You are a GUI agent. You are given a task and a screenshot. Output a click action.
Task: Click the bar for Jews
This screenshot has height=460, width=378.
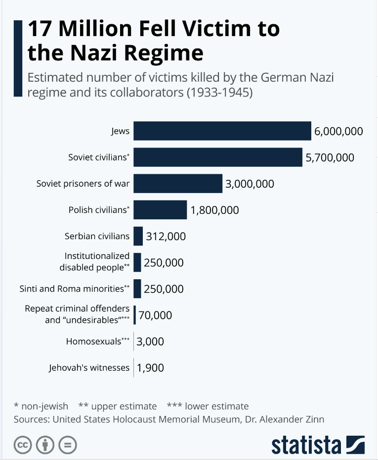(222, 131)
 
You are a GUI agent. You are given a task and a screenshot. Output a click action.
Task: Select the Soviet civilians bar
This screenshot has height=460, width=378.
(218, 157)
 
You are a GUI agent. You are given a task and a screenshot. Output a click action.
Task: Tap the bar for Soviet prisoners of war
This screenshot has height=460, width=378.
(178, 184)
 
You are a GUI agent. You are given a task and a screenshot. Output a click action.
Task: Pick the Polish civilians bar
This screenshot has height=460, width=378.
(160, 210)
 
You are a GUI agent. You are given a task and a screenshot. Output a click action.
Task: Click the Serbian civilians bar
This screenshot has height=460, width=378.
(138, 236)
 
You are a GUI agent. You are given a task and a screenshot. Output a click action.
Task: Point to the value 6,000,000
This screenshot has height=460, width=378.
(338, 131)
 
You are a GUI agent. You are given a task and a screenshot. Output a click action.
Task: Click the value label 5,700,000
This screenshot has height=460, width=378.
(330, 157)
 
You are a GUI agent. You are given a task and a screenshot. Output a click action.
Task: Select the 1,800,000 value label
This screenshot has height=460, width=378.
(214, 210)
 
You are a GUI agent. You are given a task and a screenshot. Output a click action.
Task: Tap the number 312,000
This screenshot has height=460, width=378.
(166, 236)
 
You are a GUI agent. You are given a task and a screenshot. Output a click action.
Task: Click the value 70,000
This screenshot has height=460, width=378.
(155, 315)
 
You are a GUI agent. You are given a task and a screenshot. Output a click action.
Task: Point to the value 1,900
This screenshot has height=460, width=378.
(150, 367)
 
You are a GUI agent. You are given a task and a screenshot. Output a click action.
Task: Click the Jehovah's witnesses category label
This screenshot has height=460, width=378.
(89, 367)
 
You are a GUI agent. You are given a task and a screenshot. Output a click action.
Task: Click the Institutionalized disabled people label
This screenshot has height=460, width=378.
(94, 261)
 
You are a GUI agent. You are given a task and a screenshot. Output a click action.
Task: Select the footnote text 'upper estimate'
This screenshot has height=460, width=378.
(124, 407)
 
